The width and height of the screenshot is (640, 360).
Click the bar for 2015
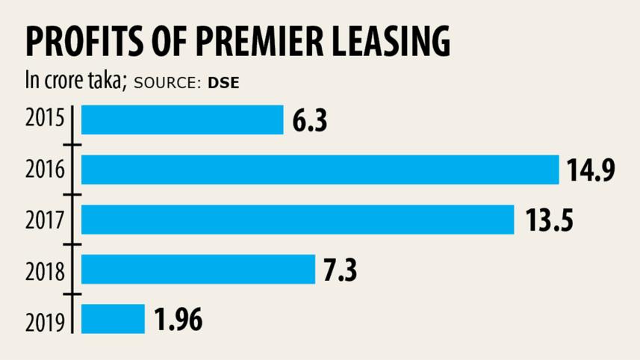(182, 120)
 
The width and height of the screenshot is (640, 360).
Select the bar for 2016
(320, 170)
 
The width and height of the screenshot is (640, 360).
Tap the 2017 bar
(297, 220)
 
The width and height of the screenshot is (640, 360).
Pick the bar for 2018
(198, 270)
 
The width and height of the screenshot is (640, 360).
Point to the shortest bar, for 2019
(113, 319)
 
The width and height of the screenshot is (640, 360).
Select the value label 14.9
(590, 170)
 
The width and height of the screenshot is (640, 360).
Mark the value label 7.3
(340, 270)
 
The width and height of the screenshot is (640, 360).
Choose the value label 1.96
(178, 320)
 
